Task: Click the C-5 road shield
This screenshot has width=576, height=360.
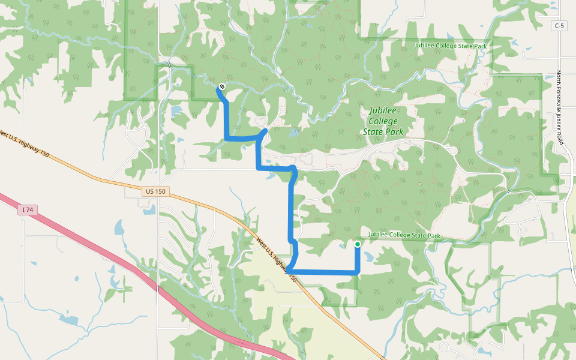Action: click(559, 26)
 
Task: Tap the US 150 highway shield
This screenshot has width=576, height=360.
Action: click(155, 191)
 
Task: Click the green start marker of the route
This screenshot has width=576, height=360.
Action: click(358, 244)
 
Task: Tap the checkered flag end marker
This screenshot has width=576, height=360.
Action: click(222, 86)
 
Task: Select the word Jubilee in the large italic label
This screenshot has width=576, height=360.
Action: click(384, 111)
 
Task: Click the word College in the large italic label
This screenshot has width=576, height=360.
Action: click(383, 121)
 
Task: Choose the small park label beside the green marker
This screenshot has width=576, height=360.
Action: click(404, 236)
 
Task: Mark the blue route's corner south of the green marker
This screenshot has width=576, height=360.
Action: click(358, 272)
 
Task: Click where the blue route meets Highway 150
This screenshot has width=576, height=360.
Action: click(289, 270)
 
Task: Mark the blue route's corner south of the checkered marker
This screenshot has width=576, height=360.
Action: click(227, 139)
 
